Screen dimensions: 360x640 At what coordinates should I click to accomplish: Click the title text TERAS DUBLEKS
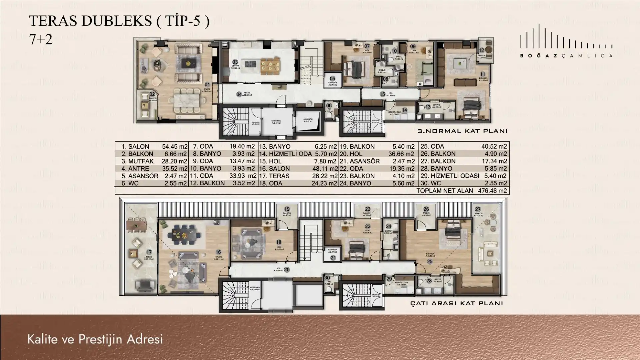(90, 21)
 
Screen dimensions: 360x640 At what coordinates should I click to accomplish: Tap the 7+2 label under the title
(41, 40)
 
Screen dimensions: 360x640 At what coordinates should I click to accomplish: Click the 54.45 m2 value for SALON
(174, 146)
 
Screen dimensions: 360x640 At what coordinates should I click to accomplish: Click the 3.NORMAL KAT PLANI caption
(462, 131)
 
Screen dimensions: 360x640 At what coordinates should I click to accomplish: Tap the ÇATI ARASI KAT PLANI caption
(457, 303)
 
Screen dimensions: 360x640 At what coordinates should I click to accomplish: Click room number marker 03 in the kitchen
(235, 62)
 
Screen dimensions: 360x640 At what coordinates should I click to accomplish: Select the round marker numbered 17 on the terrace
(149, 252)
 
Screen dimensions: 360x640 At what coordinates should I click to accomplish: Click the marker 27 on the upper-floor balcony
(478, 209)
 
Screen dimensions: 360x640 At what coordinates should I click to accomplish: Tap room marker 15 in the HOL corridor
(382, 94)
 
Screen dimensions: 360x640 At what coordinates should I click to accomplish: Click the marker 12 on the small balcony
(481, 50)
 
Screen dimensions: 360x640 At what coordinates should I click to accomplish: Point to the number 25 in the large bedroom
(430, 262)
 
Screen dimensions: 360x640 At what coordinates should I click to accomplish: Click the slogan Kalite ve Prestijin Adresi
(95, 339)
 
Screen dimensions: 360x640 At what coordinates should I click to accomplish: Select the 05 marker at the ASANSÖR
(332, 79)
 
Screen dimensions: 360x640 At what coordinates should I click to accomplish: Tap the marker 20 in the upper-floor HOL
(287, 270)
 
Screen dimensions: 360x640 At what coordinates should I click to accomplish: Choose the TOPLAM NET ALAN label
(445, 191)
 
